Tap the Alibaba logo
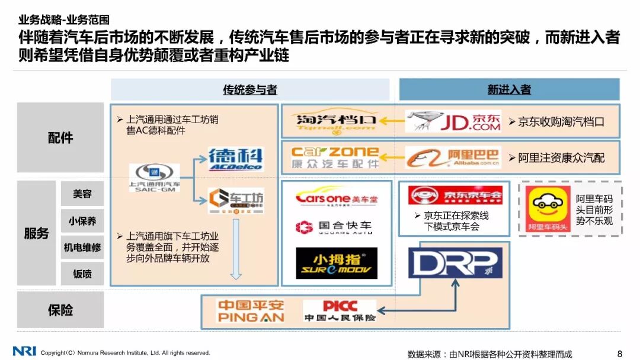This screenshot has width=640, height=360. [x=453, y=157]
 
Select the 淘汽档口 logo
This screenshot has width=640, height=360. [x=336, y=121]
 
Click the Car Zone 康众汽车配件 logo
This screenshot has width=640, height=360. [x=336, y=157]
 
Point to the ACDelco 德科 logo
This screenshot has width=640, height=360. [x=235, y=159]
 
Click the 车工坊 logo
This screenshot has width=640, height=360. [x=236, y=200]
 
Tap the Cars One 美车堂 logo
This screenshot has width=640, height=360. [x=337, y=198]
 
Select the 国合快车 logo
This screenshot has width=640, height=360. [x=335, y=227]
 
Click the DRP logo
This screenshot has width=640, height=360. [x=455, y=262]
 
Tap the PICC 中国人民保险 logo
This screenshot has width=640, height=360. [x=340, y=311]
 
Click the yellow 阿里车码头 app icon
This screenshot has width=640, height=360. [x=548, y=209]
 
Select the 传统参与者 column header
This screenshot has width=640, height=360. [x=250, y=90]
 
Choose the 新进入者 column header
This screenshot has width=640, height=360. [x=509, y=90]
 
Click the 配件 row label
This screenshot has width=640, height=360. [x=60, y=138]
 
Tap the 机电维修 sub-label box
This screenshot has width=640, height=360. [x=82, y=247]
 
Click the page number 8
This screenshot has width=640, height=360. [x=620, y=354]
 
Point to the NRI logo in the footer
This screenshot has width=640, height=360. [x=24, y=352]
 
